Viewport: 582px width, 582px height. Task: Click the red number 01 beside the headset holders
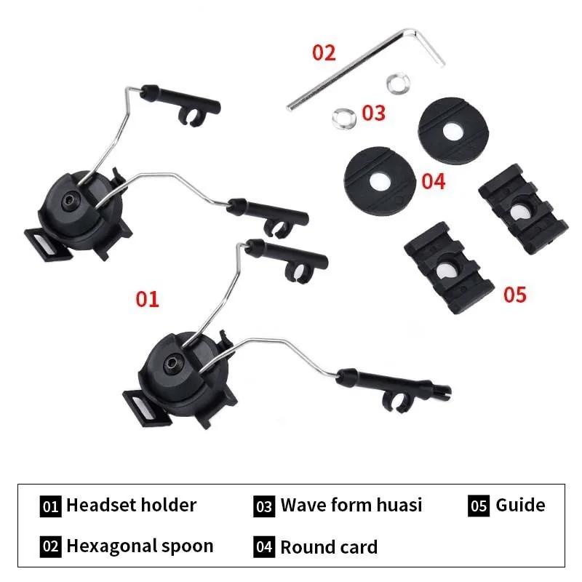(x=147, y=298)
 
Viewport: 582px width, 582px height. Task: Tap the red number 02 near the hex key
(x=324, y=52)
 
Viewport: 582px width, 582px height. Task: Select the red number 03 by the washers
(x=373, y=113)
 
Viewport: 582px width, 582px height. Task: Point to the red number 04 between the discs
(x=433, y=180)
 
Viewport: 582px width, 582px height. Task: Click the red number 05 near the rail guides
(x=514, y=295)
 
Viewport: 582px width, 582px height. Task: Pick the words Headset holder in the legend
(x=131, y=505)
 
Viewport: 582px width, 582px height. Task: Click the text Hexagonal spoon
(x=140, y=546)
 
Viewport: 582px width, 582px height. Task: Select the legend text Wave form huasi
(x=351, y=505)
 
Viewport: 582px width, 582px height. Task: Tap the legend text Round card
(x=329, y=547)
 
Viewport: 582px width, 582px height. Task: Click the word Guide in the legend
(x=520, y=505)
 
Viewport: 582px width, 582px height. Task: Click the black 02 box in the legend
(x=50, y=547)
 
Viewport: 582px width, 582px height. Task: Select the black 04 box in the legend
(x=264, y=547)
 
